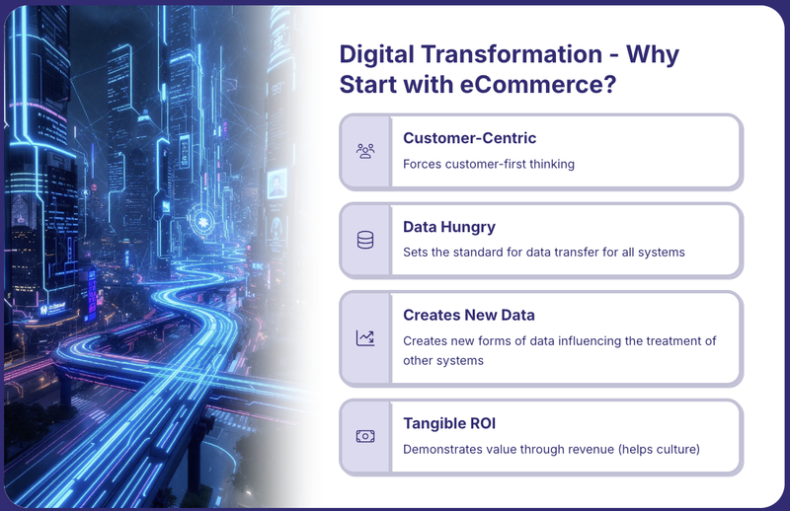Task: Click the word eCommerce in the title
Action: (x=538, y=84)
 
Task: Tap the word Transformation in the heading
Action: (x=512, y=54)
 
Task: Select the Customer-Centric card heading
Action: (x=470, y=138)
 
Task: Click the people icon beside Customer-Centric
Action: (x=365, y=151)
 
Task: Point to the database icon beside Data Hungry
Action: (x=365, y=240)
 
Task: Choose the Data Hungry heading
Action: (x=449, y=227)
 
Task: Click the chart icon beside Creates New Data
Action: (x=365, y=337)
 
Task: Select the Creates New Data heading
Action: (x=468, y=315)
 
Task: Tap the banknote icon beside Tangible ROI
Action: (x=365, y=436)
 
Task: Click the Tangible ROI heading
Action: (x=449, y=423)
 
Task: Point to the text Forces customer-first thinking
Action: (x=489, y=164)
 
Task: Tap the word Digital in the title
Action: (x=376, y=54)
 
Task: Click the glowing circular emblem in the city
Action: (x=202, y=222)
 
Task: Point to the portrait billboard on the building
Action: (x=276, y=184)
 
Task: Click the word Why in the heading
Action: (x=653, y=54)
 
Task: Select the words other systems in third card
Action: (x=443, y=360)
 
